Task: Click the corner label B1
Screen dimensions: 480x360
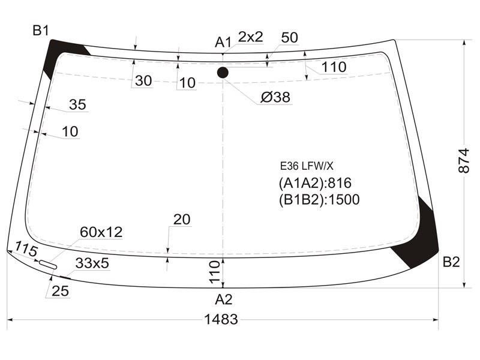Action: pyautogui.click(x=41, y=31)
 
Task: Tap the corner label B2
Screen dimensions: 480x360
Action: pyautogui.click(x=451, y=262)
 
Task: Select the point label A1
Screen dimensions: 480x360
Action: pyautogui.click(x=223, y=42)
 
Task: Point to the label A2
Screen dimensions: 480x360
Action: pyautogui.click(x=224, y=299)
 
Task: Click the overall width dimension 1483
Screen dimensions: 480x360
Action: pyautogui.click(x=221, y=319)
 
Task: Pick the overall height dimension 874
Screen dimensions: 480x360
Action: pyautogui.click(x=464, y=161)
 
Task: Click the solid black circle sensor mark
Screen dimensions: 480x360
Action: pyautogui.click(x=223, y=73)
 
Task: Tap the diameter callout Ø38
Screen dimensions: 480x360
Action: pyautogui.click(x=275, y=97)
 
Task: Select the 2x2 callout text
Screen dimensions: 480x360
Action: pyautogui.click(x=251, y=37)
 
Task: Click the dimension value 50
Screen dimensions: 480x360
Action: pyautogui.click(x=289, y=37)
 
